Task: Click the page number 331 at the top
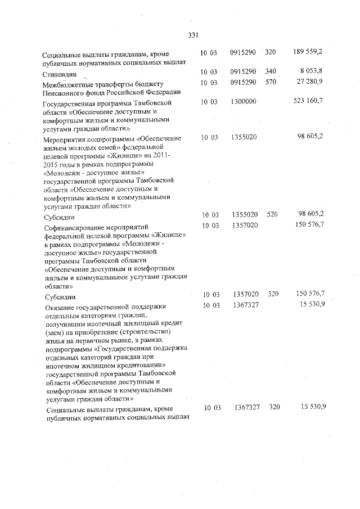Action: tap(193, 35)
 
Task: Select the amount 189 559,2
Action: tap(308, 52)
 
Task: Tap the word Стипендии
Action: tap(60, 74)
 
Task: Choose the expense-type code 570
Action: tap(270, 83)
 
